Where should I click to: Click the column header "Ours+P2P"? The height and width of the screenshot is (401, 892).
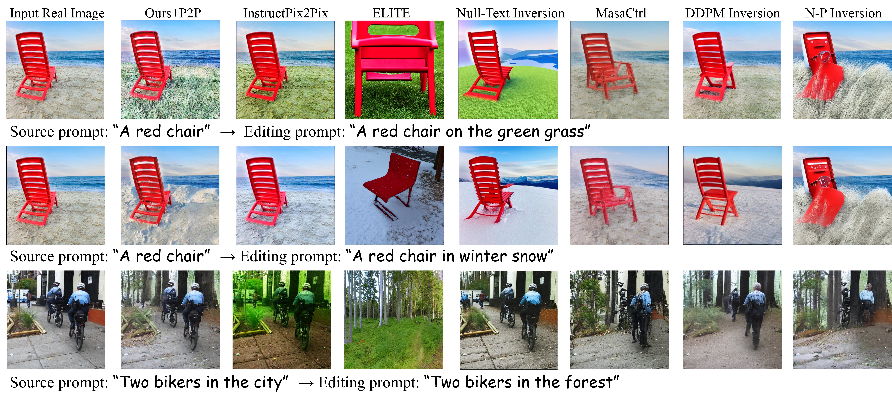point(173,13)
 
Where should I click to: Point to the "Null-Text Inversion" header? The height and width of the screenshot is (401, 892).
point(510,13)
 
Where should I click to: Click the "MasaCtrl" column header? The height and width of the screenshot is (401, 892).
point(621,13)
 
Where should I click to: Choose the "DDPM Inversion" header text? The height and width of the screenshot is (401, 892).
point(732,13)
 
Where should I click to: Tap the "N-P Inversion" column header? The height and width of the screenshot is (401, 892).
point(843,13)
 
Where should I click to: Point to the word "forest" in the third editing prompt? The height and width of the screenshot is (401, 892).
point(589,382)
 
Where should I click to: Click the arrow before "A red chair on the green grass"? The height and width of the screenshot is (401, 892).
point(228,132)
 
